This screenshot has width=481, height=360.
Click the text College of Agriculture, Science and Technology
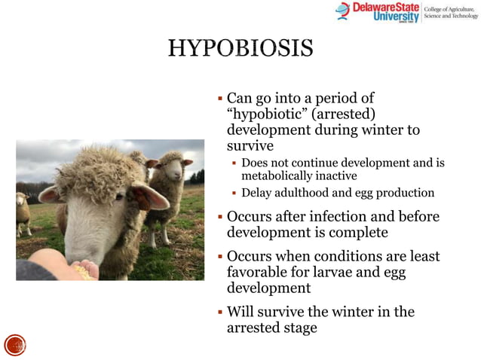coord(450,11)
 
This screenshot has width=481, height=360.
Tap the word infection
coord(344,217)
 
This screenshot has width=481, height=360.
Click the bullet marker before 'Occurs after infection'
coord(219,218)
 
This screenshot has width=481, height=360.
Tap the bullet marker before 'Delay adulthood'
coord(234,194)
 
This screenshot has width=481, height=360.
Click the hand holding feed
coord(64,267)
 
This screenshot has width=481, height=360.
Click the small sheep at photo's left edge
coord(23,212)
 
